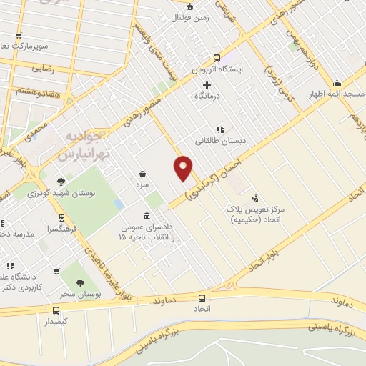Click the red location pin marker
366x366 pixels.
(184, 167)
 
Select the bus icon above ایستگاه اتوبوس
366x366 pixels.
(217, 59)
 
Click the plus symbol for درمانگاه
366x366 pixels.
(207, 85)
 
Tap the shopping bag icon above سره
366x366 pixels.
(143, 174)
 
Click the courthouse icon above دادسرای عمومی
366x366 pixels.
(147, 216)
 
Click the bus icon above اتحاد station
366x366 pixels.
(202, 298)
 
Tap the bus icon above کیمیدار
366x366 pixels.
(56, 310)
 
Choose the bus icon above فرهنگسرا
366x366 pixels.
(61, 217)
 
